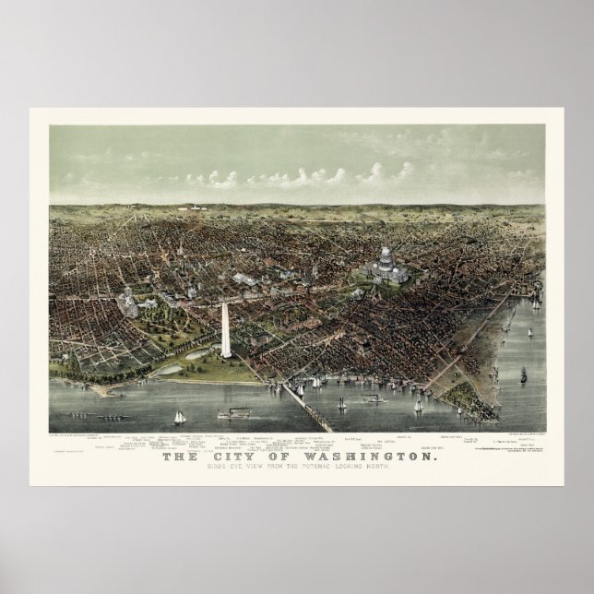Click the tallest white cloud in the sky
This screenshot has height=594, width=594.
tap(374, 172)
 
